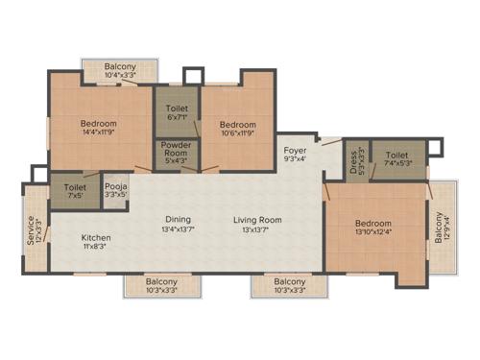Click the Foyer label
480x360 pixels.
(x=295, y=151)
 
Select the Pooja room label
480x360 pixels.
(x=115, y=185)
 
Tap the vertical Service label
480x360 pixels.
(x=31, y=229)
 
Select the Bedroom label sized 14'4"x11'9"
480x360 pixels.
(x=99, y=124)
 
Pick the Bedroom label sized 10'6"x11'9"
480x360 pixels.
(x=237, y=125)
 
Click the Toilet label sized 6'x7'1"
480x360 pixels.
(x=178, y=108)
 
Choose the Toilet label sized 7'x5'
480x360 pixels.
(x=75, y=185)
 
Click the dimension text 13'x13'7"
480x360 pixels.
(x=256, y=229)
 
